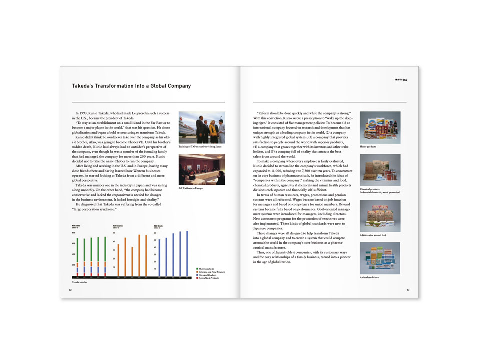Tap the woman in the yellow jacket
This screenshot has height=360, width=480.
[x=212, y=131]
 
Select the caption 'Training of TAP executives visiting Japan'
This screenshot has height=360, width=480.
[x=200, y=147]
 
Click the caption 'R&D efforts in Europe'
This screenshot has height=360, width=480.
[x=190, y=188]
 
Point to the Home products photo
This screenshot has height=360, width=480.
[x=380, y=127]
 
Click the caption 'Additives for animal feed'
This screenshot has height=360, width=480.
[x=373, y=235]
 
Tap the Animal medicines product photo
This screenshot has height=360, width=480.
[x=380, y=258]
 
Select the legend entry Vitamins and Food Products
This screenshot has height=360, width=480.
[x=212, y=272]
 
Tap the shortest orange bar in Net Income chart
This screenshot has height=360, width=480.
[x=132, y=262]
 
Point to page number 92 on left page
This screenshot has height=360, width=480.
[x=71, y=290]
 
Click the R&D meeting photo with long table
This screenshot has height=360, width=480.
[x=201, y=169]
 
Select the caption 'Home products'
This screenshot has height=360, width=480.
[x=368, y=147]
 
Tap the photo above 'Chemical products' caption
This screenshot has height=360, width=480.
[x=380, y=170]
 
